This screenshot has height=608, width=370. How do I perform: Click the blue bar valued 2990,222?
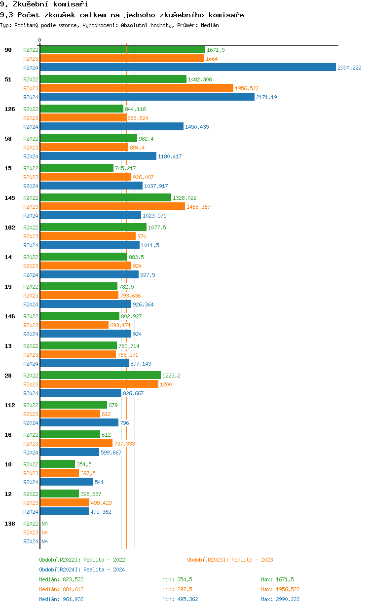tap(187, 68)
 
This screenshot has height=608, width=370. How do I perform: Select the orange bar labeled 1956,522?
tap(136, 88)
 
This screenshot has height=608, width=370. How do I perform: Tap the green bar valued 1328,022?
tap(105, 198)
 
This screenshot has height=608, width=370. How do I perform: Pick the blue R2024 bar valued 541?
tap(66, 482)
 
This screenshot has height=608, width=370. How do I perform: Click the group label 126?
tap(9, 109)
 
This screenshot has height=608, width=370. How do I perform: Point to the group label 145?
tap(9, 198)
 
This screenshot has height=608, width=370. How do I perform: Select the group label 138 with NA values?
tap(9, 524)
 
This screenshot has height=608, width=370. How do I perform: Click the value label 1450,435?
tap(197, 127)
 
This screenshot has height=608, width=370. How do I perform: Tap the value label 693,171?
tap(120, 325)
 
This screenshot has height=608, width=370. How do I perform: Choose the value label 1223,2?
tap(171, 376)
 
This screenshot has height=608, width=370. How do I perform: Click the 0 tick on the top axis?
tap(40, 40)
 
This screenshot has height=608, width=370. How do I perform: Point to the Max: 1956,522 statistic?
tap(280, 589)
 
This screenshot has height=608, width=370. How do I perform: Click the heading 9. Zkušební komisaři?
tap(37, 4)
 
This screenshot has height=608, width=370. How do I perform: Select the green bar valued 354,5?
tap(57, 464)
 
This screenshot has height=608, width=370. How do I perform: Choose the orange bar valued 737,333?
tap(76, 444)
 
